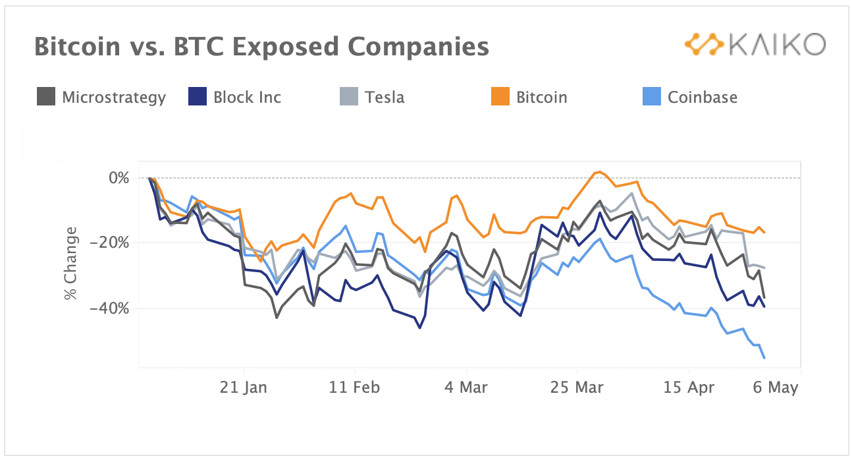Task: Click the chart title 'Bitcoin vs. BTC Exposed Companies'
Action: tap(261, 47)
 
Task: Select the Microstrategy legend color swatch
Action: tap(45, 98)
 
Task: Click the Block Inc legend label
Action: tap(247, 98)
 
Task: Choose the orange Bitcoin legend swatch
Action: tap(500, 98)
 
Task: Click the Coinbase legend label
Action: tap(702, 98)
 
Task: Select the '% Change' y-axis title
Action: tap(71, 264)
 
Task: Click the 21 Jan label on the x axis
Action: tap(244, 388)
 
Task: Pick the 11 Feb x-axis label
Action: tap(355, 388)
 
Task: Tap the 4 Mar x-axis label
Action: tap(466, 388)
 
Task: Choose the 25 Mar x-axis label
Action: tap(576, 388)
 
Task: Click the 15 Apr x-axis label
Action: tap(689, 388)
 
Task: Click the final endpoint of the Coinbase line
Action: tap(764, 358)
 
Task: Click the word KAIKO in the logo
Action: tap(775, 45)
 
